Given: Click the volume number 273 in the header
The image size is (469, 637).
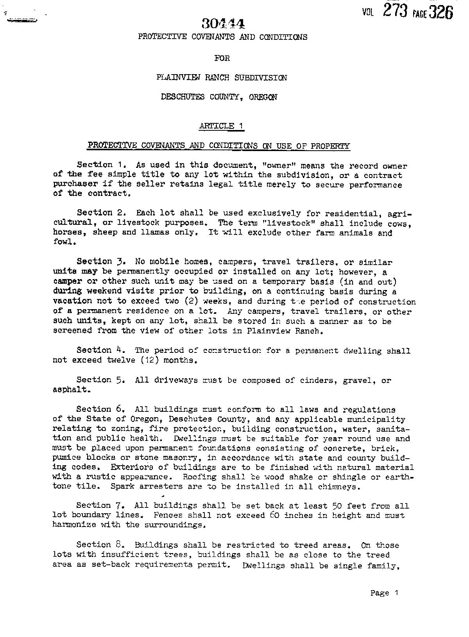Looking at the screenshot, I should [x=395, y=11].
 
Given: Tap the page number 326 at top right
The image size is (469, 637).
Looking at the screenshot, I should [x=440, y=12].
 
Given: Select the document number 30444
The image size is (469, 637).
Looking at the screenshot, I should [x=224, y=24].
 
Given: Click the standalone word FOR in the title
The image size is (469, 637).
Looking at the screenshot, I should [x=222, y=58].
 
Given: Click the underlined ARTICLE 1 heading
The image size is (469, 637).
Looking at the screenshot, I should [x=222, y=126].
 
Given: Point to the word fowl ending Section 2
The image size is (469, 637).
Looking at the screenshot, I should [x=62, y=242].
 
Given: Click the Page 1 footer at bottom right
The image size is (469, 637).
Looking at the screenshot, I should [x=384, y=593].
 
